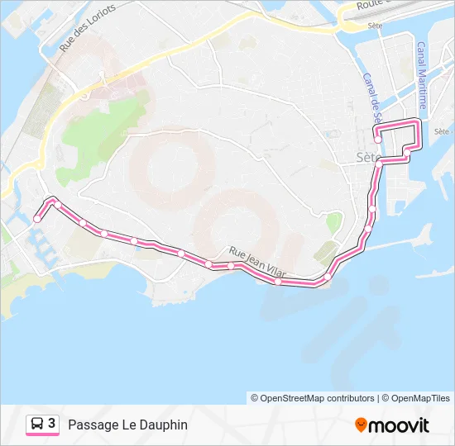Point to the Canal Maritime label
coord(422,75)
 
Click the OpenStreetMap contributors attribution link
coord(318,398)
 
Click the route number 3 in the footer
coord(52,424)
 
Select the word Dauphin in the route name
coord(165,425)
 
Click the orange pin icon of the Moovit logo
coord(361,425)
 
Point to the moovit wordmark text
coord(399,426)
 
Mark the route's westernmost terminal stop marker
coord(37,219)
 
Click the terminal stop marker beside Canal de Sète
coord(377,139)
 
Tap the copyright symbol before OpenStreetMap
coord(255,398)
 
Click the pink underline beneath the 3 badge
coord(42,435)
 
